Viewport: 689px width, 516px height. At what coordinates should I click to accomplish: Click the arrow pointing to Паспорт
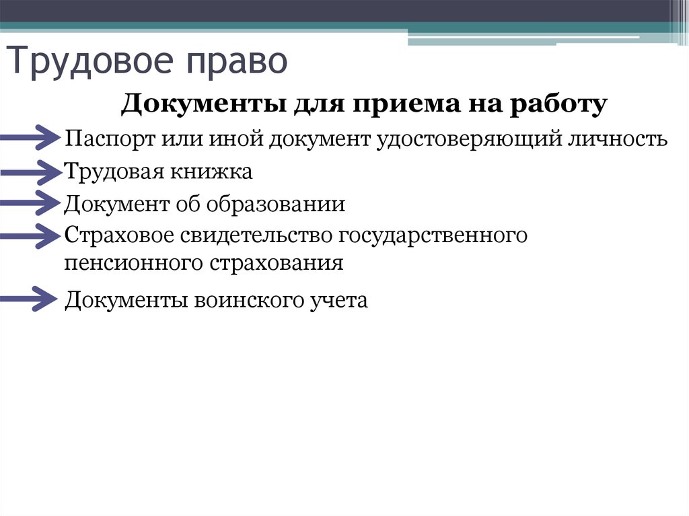(x=30, y=139)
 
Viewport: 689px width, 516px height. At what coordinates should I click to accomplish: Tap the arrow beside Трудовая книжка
(x=30, y=173)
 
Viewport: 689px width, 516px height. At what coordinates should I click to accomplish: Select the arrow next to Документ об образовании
(x=30, y=203)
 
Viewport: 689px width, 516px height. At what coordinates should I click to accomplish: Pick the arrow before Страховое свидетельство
(x=30, y=235)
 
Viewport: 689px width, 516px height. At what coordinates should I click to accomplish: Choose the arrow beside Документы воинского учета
(x=30, y=299)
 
